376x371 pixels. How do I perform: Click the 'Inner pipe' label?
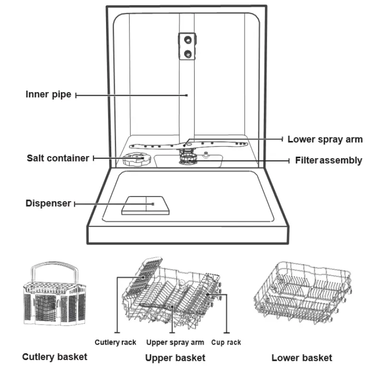(x=48, y=94)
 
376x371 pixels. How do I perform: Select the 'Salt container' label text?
(x=58, y=158)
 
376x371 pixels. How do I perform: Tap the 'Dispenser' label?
(x=48, y=203)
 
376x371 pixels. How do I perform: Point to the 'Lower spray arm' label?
(x=325, y=139)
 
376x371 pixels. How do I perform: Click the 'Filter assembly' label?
(x=329, y=161)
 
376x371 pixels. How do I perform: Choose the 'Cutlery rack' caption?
(x=115, y=342)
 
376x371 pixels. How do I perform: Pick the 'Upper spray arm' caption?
(x=175, y=342)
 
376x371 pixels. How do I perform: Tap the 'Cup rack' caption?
(x=226, y=342)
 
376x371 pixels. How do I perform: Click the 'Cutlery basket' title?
(x=55, y=357)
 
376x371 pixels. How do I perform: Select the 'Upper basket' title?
(x=175, y=358)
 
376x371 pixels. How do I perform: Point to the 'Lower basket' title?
(x=302, y=358)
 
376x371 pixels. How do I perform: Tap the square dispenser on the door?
(x=145, y=205)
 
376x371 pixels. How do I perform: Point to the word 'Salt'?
(x=36, y=158)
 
